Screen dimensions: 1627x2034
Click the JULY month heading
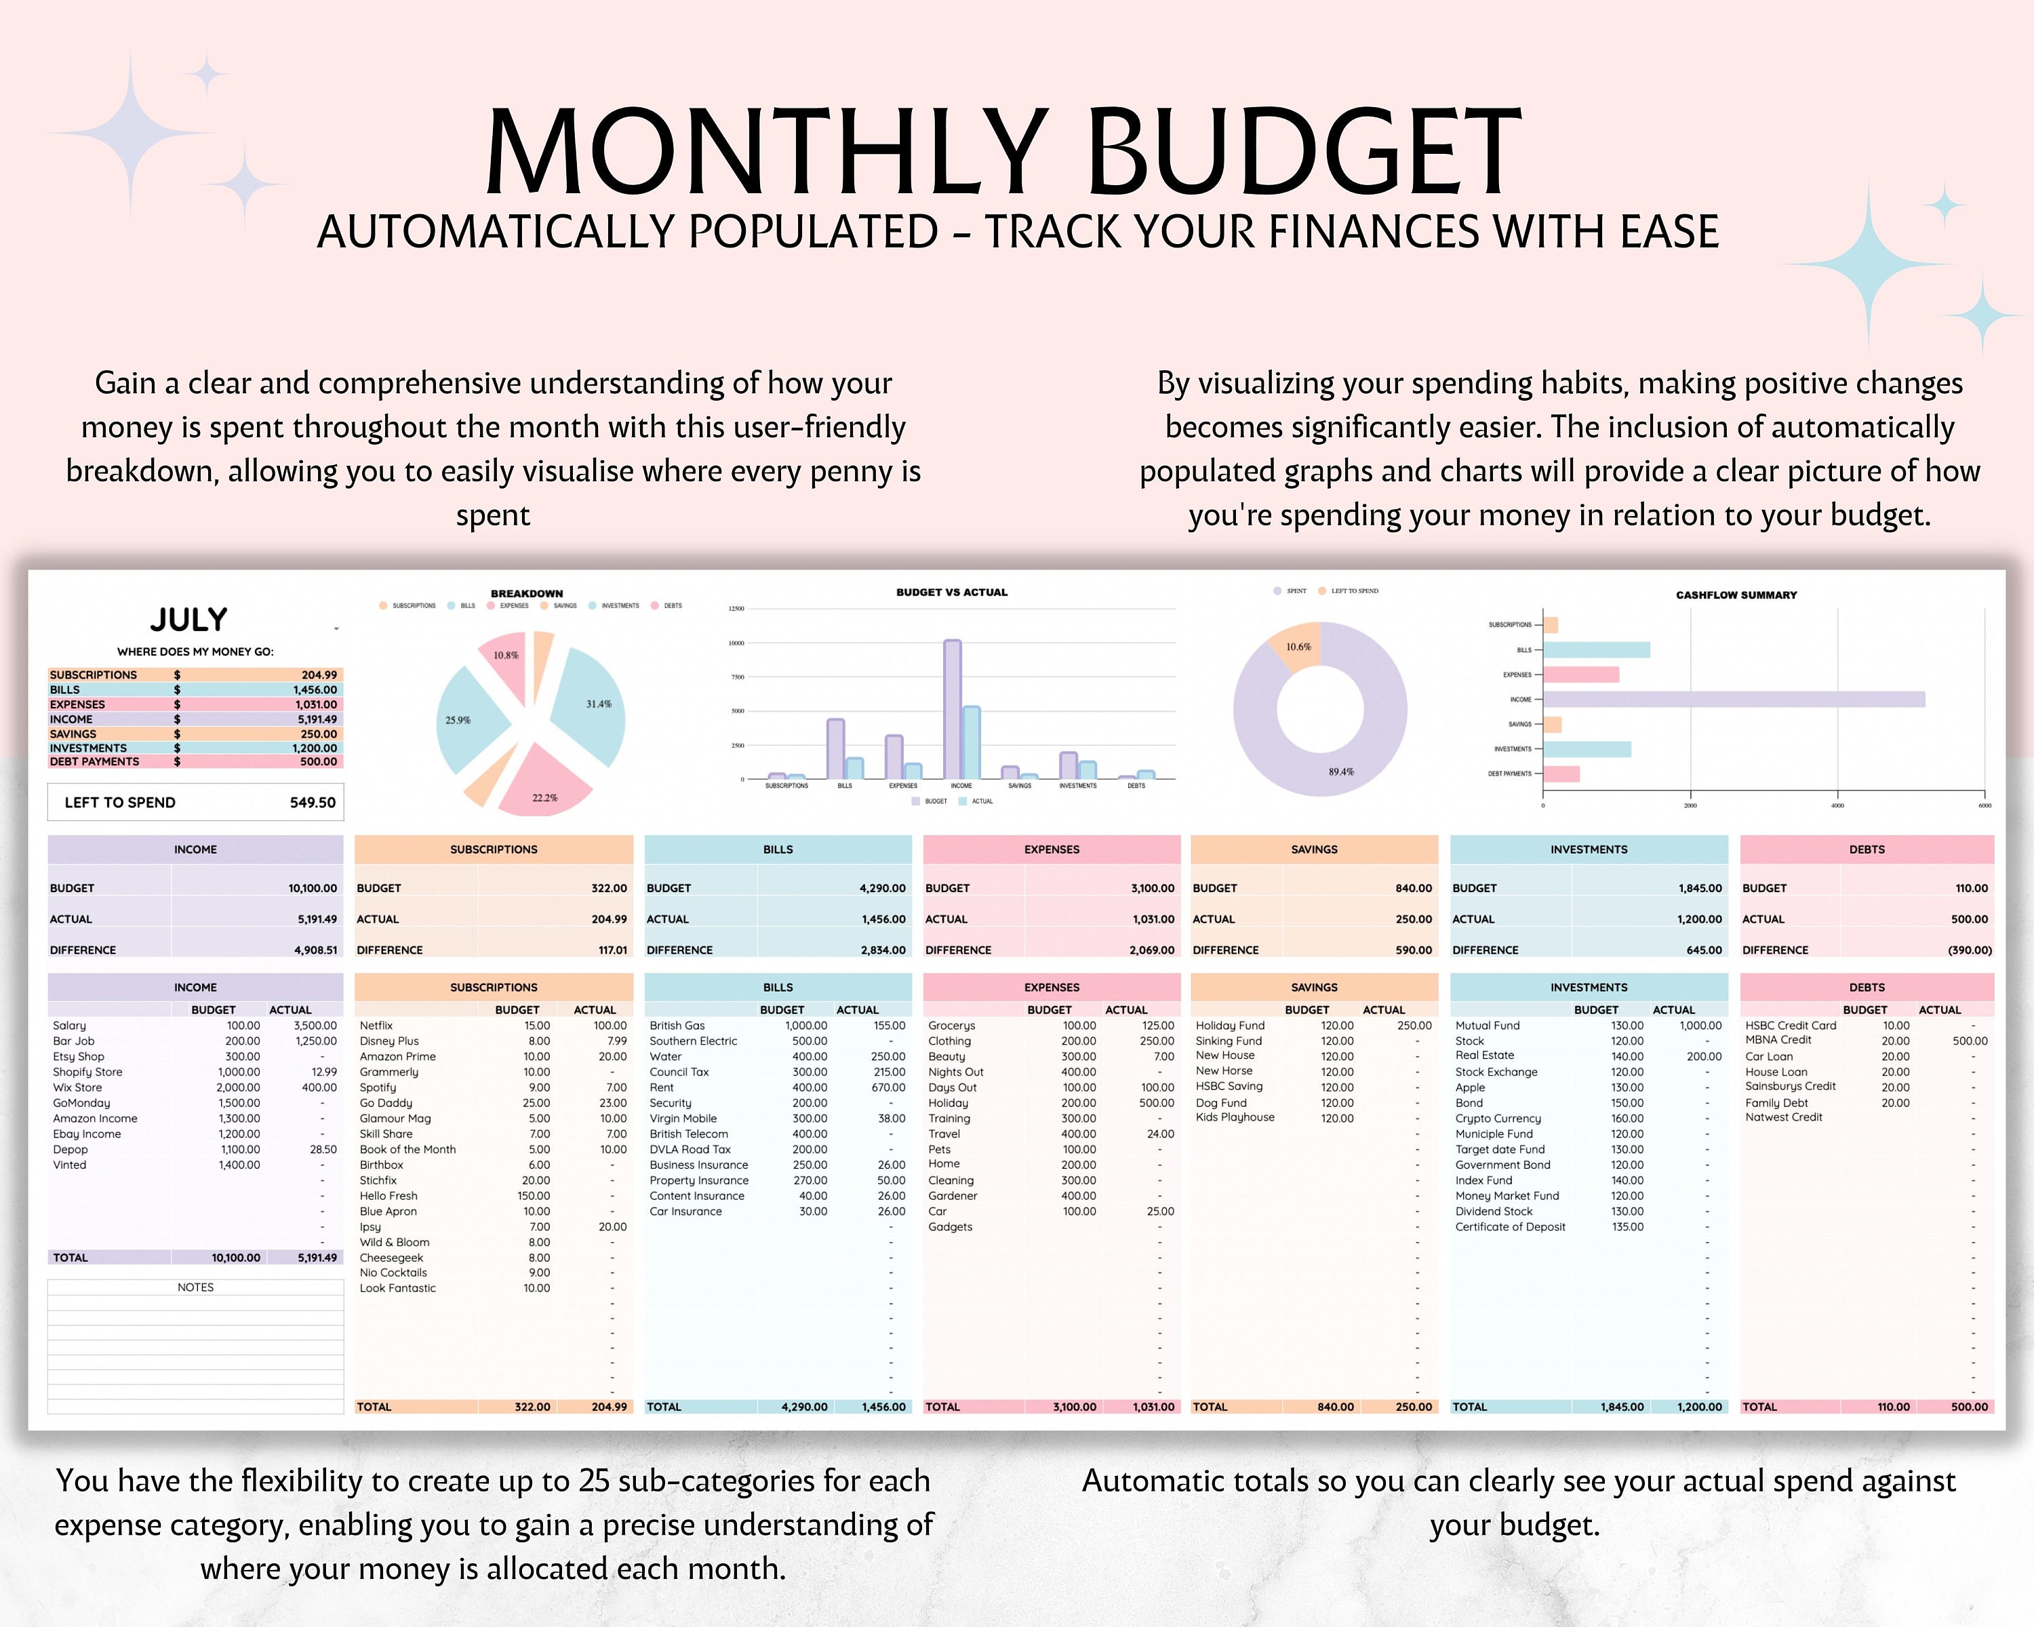point(188,620)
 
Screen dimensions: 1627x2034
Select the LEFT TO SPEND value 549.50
point(313,803)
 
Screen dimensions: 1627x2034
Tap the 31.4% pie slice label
point(598,704)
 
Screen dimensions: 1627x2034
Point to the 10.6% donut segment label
point(1298,647)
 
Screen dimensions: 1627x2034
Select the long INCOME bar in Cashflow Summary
point(1734,700)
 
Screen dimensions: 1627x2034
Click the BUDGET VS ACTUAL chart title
point(951,592)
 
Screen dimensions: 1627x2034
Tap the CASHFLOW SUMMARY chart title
point(1736,595)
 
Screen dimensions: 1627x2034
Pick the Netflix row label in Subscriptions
point(376,1025)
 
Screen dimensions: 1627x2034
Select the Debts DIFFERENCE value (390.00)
point(1969,950)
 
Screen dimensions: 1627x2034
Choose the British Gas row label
point(677,1025)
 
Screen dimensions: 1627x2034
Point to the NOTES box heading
point(195,1287)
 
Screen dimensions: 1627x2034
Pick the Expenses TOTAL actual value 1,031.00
point(1153,1406)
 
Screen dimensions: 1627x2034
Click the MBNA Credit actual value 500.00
point(1969,1041)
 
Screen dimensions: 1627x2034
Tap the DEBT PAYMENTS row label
point(94,761)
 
